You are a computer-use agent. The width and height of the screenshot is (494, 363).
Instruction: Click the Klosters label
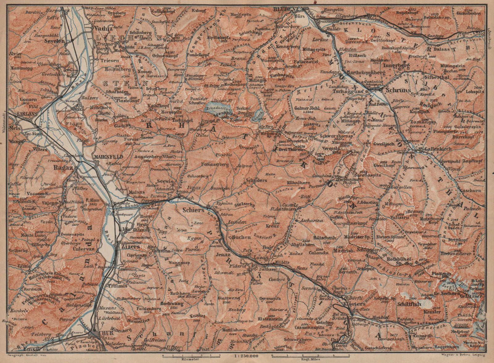pyautogui.click(x=350, y=304)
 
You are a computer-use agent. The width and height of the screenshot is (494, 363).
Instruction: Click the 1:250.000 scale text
pyautogui.click(x=246, y=357)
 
